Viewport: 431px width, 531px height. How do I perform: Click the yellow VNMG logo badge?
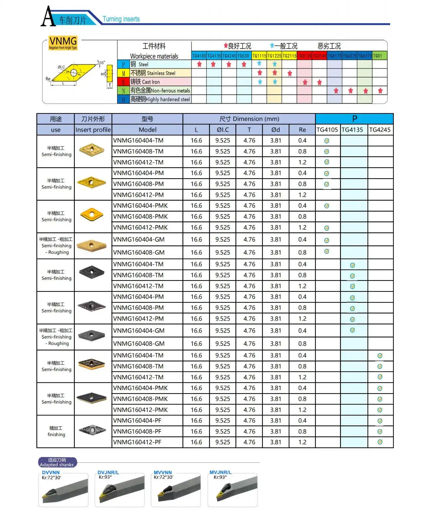63,43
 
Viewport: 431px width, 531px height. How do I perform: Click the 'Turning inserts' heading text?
121,19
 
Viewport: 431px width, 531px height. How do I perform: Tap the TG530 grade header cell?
244,56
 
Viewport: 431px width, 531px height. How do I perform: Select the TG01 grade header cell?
379,56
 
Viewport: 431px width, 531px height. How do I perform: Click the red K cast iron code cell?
123,82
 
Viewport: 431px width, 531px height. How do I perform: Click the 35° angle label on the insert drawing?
102,62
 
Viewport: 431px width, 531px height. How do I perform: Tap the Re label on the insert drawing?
48,79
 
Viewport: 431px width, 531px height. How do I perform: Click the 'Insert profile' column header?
93,130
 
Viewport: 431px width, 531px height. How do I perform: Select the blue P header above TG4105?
354,119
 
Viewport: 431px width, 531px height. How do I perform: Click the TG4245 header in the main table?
380,130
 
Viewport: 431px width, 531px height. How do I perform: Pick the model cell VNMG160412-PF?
137,442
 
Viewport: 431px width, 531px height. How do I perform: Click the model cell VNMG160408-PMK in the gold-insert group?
140,216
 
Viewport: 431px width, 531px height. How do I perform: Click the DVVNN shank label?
51,472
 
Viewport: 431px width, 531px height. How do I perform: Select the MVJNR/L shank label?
220,472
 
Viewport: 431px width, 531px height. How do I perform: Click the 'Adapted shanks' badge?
57,462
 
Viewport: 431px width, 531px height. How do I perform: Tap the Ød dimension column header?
275,130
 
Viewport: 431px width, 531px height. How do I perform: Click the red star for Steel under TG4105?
199,64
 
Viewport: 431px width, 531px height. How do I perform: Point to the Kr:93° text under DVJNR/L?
105,477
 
